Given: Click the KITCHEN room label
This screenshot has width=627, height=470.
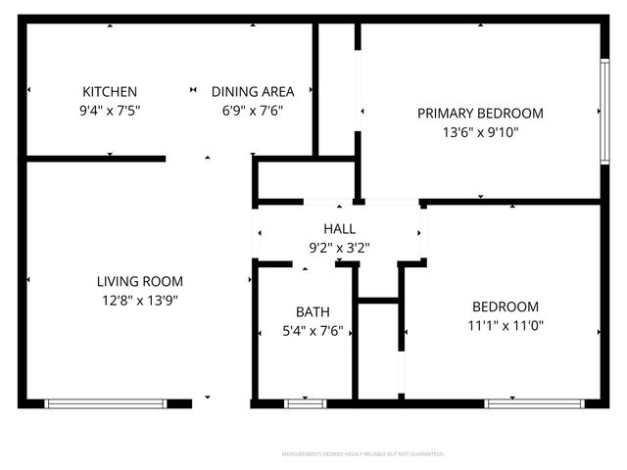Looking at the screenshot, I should tap(110, 91).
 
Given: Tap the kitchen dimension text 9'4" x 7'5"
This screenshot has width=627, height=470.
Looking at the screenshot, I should tap(110, 111).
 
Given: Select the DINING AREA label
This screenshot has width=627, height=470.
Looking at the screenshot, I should tap(253, 91).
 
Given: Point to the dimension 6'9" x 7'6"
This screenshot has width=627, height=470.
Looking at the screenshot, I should tap(253, 111).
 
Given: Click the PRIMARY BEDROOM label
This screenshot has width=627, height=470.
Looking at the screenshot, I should tap(480, 113).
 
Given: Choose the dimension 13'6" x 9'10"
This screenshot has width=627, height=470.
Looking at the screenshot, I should tap(480, 132).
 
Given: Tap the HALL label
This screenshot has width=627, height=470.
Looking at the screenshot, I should tap(339, 228).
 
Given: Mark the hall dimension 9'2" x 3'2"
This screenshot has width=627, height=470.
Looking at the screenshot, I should tap(339, 248).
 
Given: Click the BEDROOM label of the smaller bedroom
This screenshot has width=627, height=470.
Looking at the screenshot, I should tap(506, 305).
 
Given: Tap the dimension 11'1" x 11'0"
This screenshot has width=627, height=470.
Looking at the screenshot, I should tap(506, 325).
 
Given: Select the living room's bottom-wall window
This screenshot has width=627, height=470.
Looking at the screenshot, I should tap(105, 403).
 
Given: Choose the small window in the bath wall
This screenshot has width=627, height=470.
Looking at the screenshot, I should tap(305, 403).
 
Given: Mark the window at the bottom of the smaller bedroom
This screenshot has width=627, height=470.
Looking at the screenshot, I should tap(530, 403).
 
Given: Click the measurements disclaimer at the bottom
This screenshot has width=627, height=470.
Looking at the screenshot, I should tap(362, 454).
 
